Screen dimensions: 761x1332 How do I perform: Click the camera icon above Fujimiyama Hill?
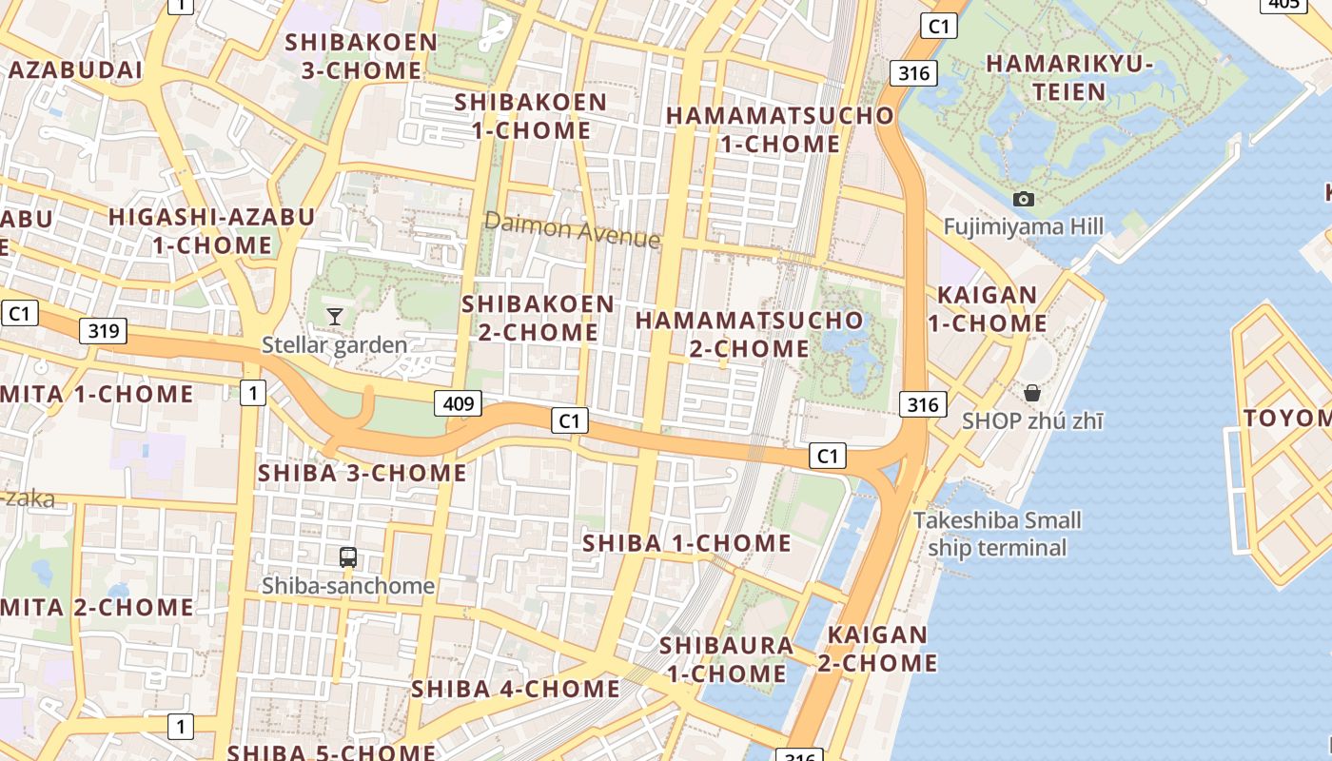pyautogui.click(x=1024, y=199)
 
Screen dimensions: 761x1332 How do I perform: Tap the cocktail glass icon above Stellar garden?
pyautogui.click(x=335, y=316)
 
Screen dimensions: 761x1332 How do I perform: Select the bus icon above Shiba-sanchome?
pyautogui.click(x=348, y=557)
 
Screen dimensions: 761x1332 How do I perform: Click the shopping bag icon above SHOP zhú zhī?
pyautogui.click(x=1032, y=392)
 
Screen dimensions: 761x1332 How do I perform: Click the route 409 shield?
pyautogui.click(x=459, y=403)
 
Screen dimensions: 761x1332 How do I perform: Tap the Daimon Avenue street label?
pyautogui.click(x=572, y=229)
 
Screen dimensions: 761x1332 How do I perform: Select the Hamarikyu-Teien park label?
pyautogui.click(x=1069, y=78)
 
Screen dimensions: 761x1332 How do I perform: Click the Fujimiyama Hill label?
pyautogui.click(x=1024, y=226)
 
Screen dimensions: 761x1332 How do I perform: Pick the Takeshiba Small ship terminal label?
pyautogui.click(x=997, y=534)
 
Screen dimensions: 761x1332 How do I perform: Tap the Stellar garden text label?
pyautogui.click(x=335, y=344)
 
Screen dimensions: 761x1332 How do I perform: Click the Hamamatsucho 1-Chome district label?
pyautogui.click(x=780, y=129)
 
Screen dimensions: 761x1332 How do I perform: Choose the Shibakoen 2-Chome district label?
pyautogui.click(x=539, y=318)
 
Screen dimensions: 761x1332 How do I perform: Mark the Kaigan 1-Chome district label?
pyautogui.click(x=988, y=309)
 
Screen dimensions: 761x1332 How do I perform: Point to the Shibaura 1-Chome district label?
pyautogui.click(x=727, y=659)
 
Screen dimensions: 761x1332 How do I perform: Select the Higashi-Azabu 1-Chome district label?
pyautogui.click(x=211, y=230)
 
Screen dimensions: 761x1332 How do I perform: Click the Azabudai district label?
pyautogui.click(x=76, y=69)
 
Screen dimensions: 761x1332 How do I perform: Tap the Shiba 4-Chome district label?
pyautogui.click(x=516, y=688)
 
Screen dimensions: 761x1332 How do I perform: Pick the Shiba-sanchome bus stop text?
pyautogui.click(x=348, y=586)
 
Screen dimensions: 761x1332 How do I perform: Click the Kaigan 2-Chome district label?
pyautogui.click(x=877, y=649)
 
